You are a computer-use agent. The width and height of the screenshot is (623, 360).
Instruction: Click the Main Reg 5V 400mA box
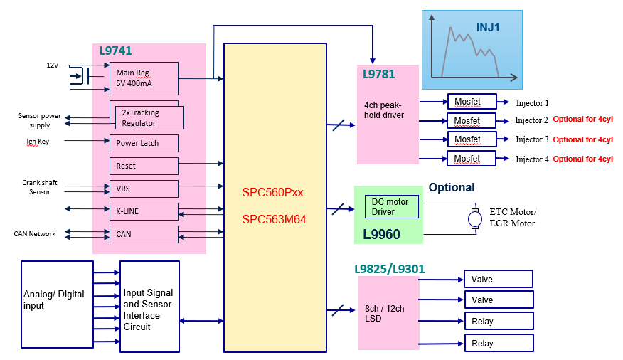pyautogui.click(x=144, y=78)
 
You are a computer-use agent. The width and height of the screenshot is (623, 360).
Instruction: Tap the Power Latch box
pyautogui.click(x=144, y=143)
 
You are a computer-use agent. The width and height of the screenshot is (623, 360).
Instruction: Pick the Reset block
pyautogui.click(x=144, y=166)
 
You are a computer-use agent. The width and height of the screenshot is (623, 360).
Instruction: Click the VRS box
pyautogui.click(x=144, y=189)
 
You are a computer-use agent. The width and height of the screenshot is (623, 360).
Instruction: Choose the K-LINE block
pyautogui.click(x=144, y=211)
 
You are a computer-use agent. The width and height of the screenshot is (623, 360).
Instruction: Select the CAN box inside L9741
pyautogui.click(x=144, y=235)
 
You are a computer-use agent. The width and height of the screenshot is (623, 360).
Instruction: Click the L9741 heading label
pyautogui.click(x=116, y=51)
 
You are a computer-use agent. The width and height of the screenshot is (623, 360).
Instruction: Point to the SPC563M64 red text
pyautogui.click(x=274, y=219)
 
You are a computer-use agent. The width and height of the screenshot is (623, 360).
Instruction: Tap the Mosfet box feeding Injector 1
pyautogui.click(x=472, y=101)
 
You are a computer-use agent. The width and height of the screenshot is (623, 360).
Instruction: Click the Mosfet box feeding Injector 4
pyautogui.click(x=472, y=158)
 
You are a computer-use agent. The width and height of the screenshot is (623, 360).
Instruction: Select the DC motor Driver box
pyautogui.click(x=392, y=206)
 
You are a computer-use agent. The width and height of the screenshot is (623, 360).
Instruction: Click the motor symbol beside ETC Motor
pyautogui.click(x=475, y=218)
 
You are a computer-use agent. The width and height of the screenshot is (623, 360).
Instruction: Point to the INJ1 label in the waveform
pyautogui.click(x=488, y=27)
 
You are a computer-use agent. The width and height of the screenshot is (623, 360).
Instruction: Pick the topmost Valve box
pyautogui.click(x=499, y=279)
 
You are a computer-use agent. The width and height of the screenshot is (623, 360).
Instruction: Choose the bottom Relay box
pyautogui.click(x=499, y=343)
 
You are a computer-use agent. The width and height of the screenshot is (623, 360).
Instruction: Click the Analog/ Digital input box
pyautogui.click(x=57, y=305)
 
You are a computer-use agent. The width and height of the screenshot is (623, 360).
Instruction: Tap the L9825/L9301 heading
pyautogui.click(x=390, y=269)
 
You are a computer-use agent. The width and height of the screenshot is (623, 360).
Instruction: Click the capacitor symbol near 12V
pyautogui.click(x=86, y=75)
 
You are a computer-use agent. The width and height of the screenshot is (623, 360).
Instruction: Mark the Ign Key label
pyautogui.click(x=38, y=142)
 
